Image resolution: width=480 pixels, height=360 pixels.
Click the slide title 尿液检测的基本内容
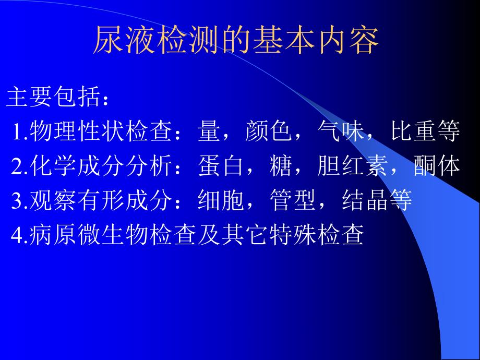(x=235, y=41)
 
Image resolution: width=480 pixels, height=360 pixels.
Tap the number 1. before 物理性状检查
(x=19, y=133)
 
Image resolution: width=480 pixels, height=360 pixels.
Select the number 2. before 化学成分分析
(x=19, y=166)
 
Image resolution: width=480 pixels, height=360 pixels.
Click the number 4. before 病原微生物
(x=19, y=235)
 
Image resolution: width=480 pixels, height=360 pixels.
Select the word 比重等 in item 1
(x=425, y=132)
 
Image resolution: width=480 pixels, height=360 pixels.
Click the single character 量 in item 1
(x=209, y=132)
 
